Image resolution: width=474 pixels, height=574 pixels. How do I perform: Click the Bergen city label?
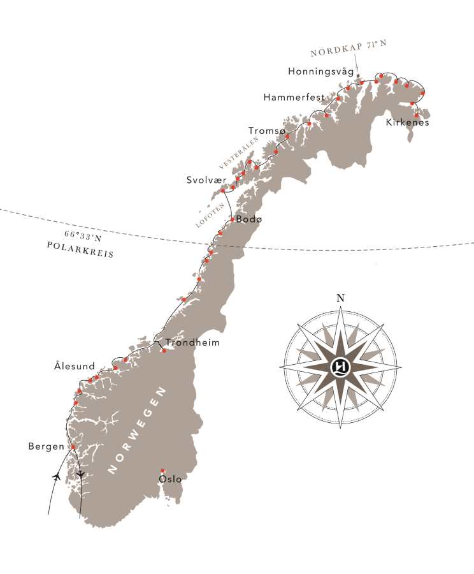46,446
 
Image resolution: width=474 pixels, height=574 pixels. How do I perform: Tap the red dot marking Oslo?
163,471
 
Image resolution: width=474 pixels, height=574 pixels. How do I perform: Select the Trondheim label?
192,342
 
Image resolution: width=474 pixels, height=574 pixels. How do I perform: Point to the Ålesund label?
75,367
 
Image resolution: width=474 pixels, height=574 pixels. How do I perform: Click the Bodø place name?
248,219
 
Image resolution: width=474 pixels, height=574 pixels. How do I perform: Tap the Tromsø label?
267,131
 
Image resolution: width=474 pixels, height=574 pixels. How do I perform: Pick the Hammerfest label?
294,98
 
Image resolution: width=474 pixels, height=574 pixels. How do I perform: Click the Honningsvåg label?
320,72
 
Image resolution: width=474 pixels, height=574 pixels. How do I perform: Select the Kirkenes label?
408,122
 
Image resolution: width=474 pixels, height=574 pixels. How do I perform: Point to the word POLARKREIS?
80,253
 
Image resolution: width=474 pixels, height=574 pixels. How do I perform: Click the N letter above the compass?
340,298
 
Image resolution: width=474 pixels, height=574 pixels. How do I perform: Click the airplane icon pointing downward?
80,475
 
